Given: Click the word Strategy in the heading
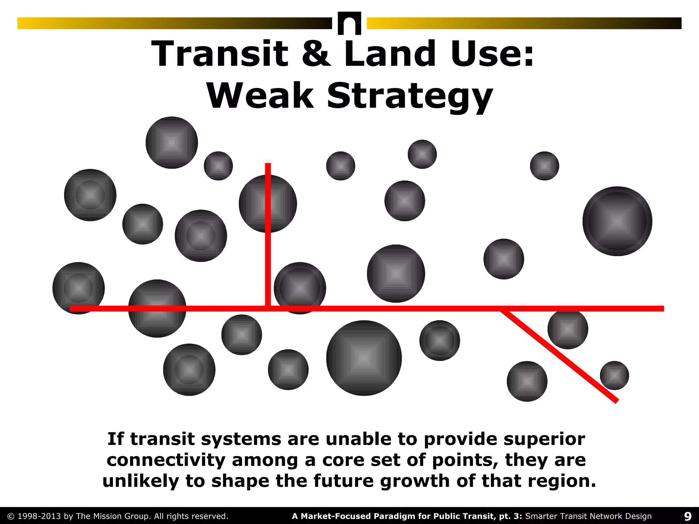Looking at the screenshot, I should (x=410, y=96).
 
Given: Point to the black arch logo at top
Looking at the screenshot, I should (x=349, y=23).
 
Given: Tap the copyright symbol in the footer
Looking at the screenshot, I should (x=11, y=516).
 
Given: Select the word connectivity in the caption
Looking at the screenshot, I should (x=166, y=460).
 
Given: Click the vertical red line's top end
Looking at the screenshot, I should (x=268, y=165).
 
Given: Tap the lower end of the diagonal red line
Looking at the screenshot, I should (x=616, y=402).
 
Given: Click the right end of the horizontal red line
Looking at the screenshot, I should (x=663, y=309).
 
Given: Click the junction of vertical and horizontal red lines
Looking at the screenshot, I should (x=268, y=308).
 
